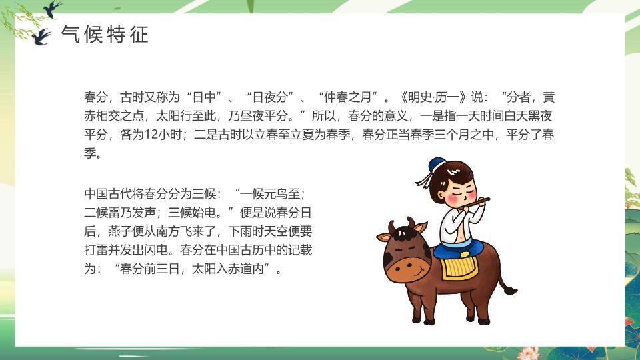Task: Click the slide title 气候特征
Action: pyautogui.click(x=105, y=34)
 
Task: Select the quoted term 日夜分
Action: pyautogui.click(x=270, y=97)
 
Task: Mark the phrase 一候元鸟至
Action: pyautogui.click(x=270, y=194)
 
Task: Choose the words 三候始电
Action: pyautogui.click(x=192, y=213)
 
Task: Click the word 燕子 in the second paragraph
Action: pyautogui.click(x=120, y=231)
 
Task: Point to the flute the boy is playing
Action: pyautogui.click(x=474, y=203)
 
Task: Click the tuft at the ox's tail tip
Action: pyautogui.click(x=511, y=290)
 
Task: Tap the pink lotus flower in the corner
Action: pyautogui.click(x=529, y=353)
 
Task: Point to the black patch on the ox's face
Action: pyautogui.click(x=388, y=258)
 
